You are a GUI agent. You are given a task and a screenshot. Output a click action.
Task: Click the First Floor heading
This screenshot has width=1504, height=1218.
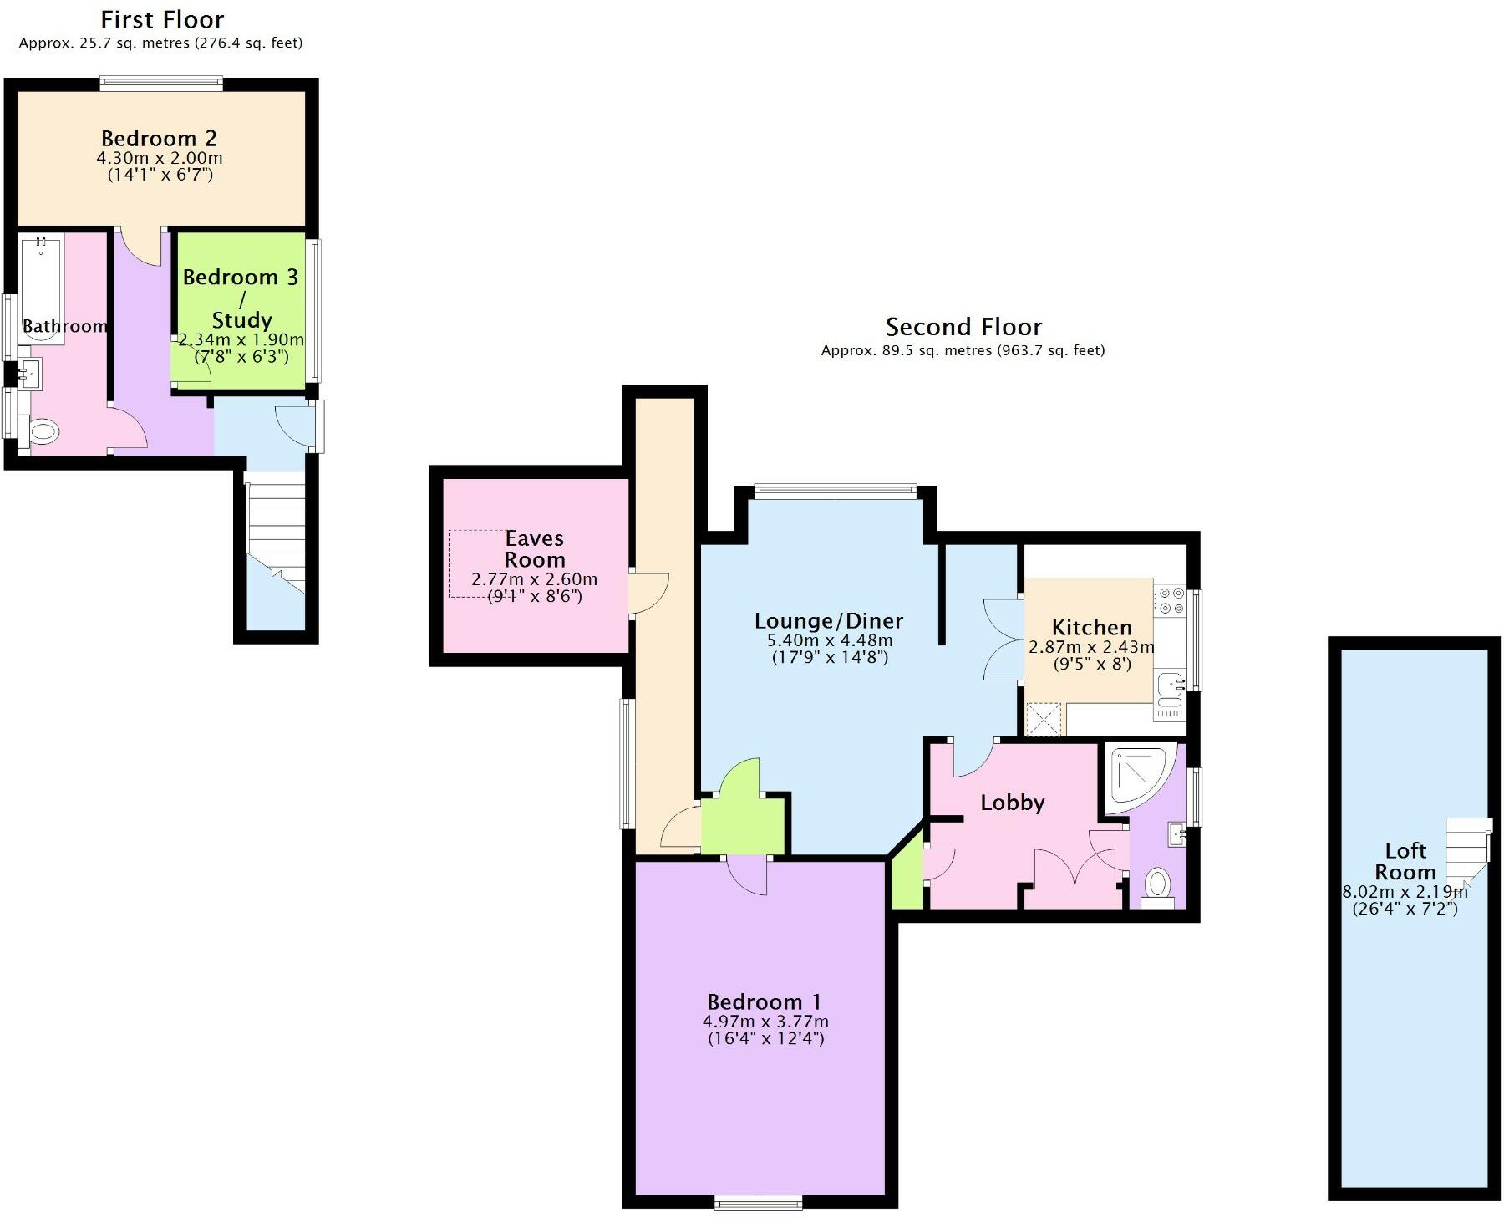[x=163, y=19]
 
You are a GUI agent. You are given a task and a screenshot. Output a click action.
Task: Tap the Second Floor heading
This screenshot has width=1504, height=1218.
[x=963, y=326]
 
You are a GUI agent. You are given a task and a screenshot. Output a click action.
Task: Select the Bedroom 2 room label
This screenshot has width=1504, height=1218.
[x=159, y=138]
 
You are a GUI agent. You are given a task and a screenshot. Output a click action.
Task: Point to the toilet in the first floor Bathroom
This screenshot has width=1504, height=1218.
[x=42, y=432]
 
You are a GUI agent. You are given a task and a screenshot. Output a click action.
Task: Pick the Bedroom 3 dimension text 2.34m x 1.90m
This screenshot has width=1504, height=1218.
[x=241, y=339]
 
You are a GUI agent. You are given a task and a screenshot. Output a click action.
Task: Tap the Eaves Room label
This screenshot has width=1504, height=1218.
[x=535, y=549]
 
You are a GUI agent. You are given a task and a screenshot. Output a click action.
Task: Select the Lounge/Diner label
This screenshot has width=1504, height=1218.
[x=829, y=621]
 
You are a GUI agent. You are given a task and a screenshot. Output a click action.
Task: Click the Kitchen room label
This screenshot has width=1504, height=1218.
[x=1091, y=627]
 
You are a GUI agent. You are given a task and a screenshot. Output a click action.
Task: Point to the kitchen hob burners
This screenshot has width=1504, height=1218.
[x=1169, y=600]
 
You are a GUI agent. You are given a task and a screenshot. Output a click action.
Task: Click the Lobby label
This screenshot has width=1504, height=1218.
[x=1013, y=803]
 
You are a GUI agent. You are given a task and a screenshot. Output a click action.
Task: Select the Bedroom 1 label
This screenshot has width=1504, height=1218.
[x=765, y=1001]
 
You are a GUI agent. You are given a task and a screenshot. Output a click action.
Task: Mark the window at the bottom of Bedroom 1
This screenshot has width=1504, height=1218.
[x=759, y=1203]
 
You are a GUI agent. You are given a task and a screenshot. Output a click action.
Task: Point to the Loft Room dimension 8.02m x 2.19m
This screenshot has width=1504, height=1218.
[x=1405, y=891]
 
